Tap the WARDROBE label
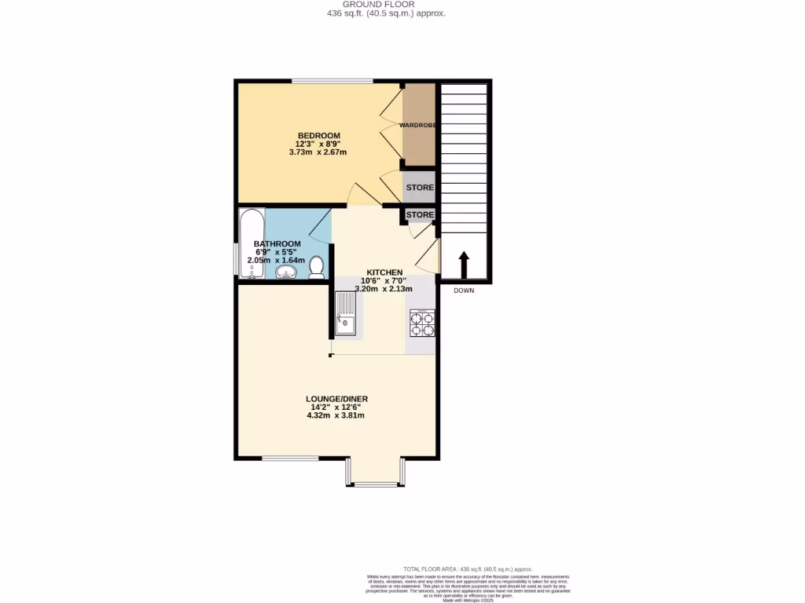417,125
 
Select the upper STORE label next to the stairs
420,188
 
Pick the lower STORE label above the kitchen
420,214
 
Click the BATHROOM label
277,243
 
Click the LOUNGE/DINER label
336,399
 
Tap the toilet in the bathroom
317,268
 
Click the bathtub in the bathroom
252,243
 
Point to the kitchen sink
346,312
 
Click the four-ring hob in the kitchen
422,323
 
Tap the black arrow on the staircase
464,265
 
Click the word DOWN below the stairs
464,291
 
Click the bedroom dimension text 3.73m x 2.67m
318,152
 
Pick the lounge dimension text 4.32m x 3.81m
336,415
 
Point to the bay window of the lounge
374,481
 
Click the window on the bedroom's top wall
333,80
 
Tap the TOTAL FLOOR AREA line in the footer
468,568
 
